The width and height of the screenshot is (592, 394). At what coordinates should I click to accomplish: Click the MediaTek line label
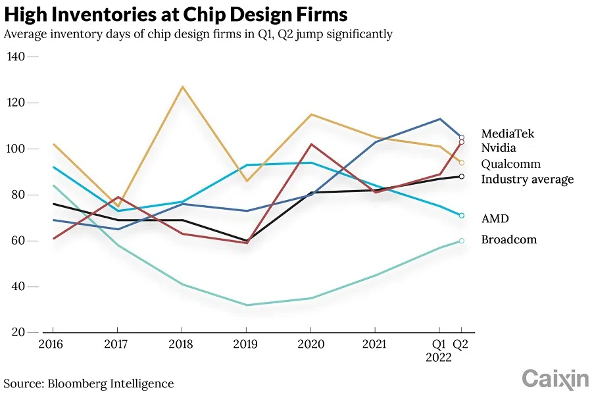(507, 134)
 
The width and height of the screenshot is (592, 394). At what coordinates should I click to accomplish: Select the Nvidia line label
(499, 149)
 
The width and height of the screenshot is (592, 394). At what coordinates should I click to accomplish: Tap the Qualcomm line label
(510, 164)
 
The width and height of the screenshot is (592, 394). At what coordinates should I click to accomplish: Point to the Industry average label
(527, 180)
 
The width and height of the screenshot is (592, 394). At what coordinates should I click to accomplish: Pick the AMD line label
(495, 219)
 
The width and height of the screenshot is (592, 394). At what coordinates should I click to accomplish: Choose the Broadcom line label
(508, 240)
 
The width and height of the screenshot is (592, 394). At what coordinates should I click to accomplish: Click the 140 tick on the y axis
(15, 57)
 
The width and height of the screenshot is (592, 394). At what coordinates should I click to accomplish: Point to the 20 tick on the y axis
(18, 333)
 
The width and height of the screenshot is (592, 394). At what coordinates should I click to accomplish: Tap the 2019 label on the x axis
(246, 343)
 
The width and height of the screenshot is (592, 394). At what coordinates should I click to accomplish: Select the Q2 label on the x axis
(462, 343)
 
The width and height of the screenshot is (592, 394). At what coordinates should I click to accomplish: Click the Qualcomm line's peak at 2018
(182, 87)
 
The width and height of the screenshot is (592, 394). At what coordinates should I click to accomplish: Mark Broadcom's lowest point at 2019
(246, 305)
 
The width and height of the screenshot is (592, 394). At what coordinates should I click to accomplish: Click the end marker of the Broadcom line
(462, 241)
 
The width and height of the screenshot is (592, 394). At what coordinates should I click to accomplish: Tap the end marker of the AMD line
(462, 216)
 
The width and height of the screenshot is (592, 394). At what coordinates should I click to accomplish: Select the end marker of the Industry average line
(462, 176)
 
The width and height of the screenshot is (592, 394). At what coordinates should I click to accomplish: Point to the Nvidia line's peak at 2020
(310, 144)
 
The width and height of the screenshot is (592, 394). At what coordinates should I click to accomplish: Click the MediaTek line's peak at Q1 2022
(439, 119)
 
